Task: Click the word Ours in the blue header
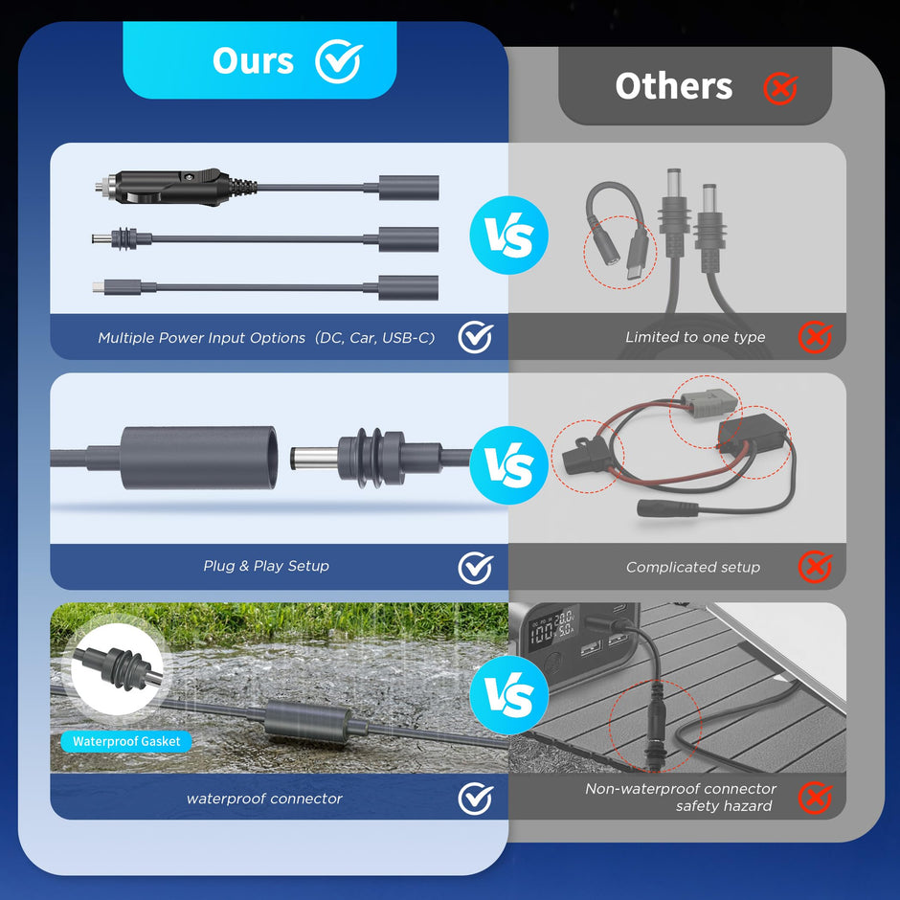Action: (254, 60)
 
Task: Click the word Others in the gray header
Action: (673, 86)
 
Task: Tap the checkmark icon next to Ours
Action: (338, 61)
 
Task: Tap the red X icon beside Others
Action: (780, 88)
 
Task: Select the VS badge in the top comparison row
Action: (508, 235)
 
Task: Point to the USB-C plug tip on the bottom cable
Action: (99, 286)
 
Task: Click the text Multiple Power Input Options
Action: (201, 338)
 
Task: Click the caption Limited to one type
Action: (695, 337)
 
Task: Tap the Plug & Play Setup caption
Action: (266, 566)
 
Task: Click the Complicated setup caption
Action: (693, 567)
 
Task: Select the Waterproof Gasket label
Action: (126, 741)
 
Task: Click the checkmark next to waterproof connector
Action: (475, 798)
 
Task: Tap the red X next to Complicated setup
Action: (815, 567)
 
